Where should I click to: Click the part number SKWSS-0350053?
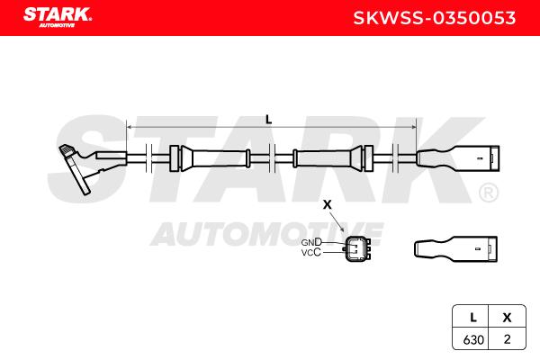coord(435,18)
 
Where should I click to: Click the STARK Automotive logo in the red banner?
coord(58,17)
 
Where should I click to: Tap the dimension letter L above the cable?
coord(268,120)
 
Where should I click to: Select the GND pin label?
coord(311,242)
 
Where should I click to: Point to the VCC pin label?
coord(311,253)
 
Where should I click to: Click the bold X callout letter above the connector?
coord(328,204)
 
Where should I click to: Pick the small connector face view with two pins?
coord(358,247)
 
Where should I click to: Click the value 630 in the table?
coord(473,339)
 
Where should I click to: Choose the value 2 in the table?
coord(507,339)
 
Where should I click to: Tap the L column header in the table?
coord(473,318)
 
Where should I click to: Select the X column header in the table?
coord(507,318)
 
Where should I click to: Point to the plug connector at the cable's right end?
coord(458,158)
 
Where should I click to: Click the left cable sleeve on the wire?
coord(210,158)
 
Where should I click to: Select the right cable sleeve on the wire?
coord(333,158)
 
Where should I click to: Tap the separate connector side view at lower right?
coord(455,249)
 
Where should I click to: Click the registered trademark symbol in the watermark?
coord(489,193)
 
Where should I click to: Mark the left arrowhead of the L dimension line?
coord(130,127)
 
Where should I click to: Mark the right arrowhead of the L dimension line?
coord(413,127)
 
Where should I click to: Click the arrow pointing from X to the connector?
coord(337,222)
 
